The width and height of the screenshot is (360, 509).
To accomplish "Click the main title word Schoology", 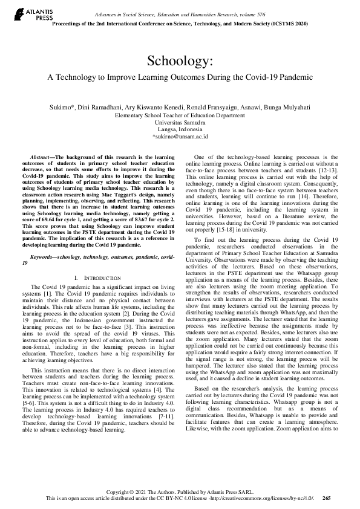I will (x=180, y=62).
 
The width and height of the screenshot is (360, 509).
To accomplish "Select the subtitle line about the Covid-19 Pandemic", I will (x=180, y=77).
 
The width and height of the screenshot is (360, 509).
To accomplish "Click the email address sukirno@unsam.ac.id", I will (x=180, y=137).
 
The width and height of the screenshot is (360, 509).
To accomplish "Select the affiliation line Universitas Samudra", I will (x=180, y=122).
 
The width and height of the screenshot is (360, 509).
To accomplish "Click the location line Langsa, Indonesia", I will (x=180, y=129).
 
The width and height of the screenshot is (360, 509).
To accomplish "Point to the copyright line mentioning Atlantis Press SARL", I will (x=180, y=491).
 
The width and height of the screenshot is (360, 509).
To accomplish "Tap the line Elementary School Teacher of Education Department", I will (x=180, y=114).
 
